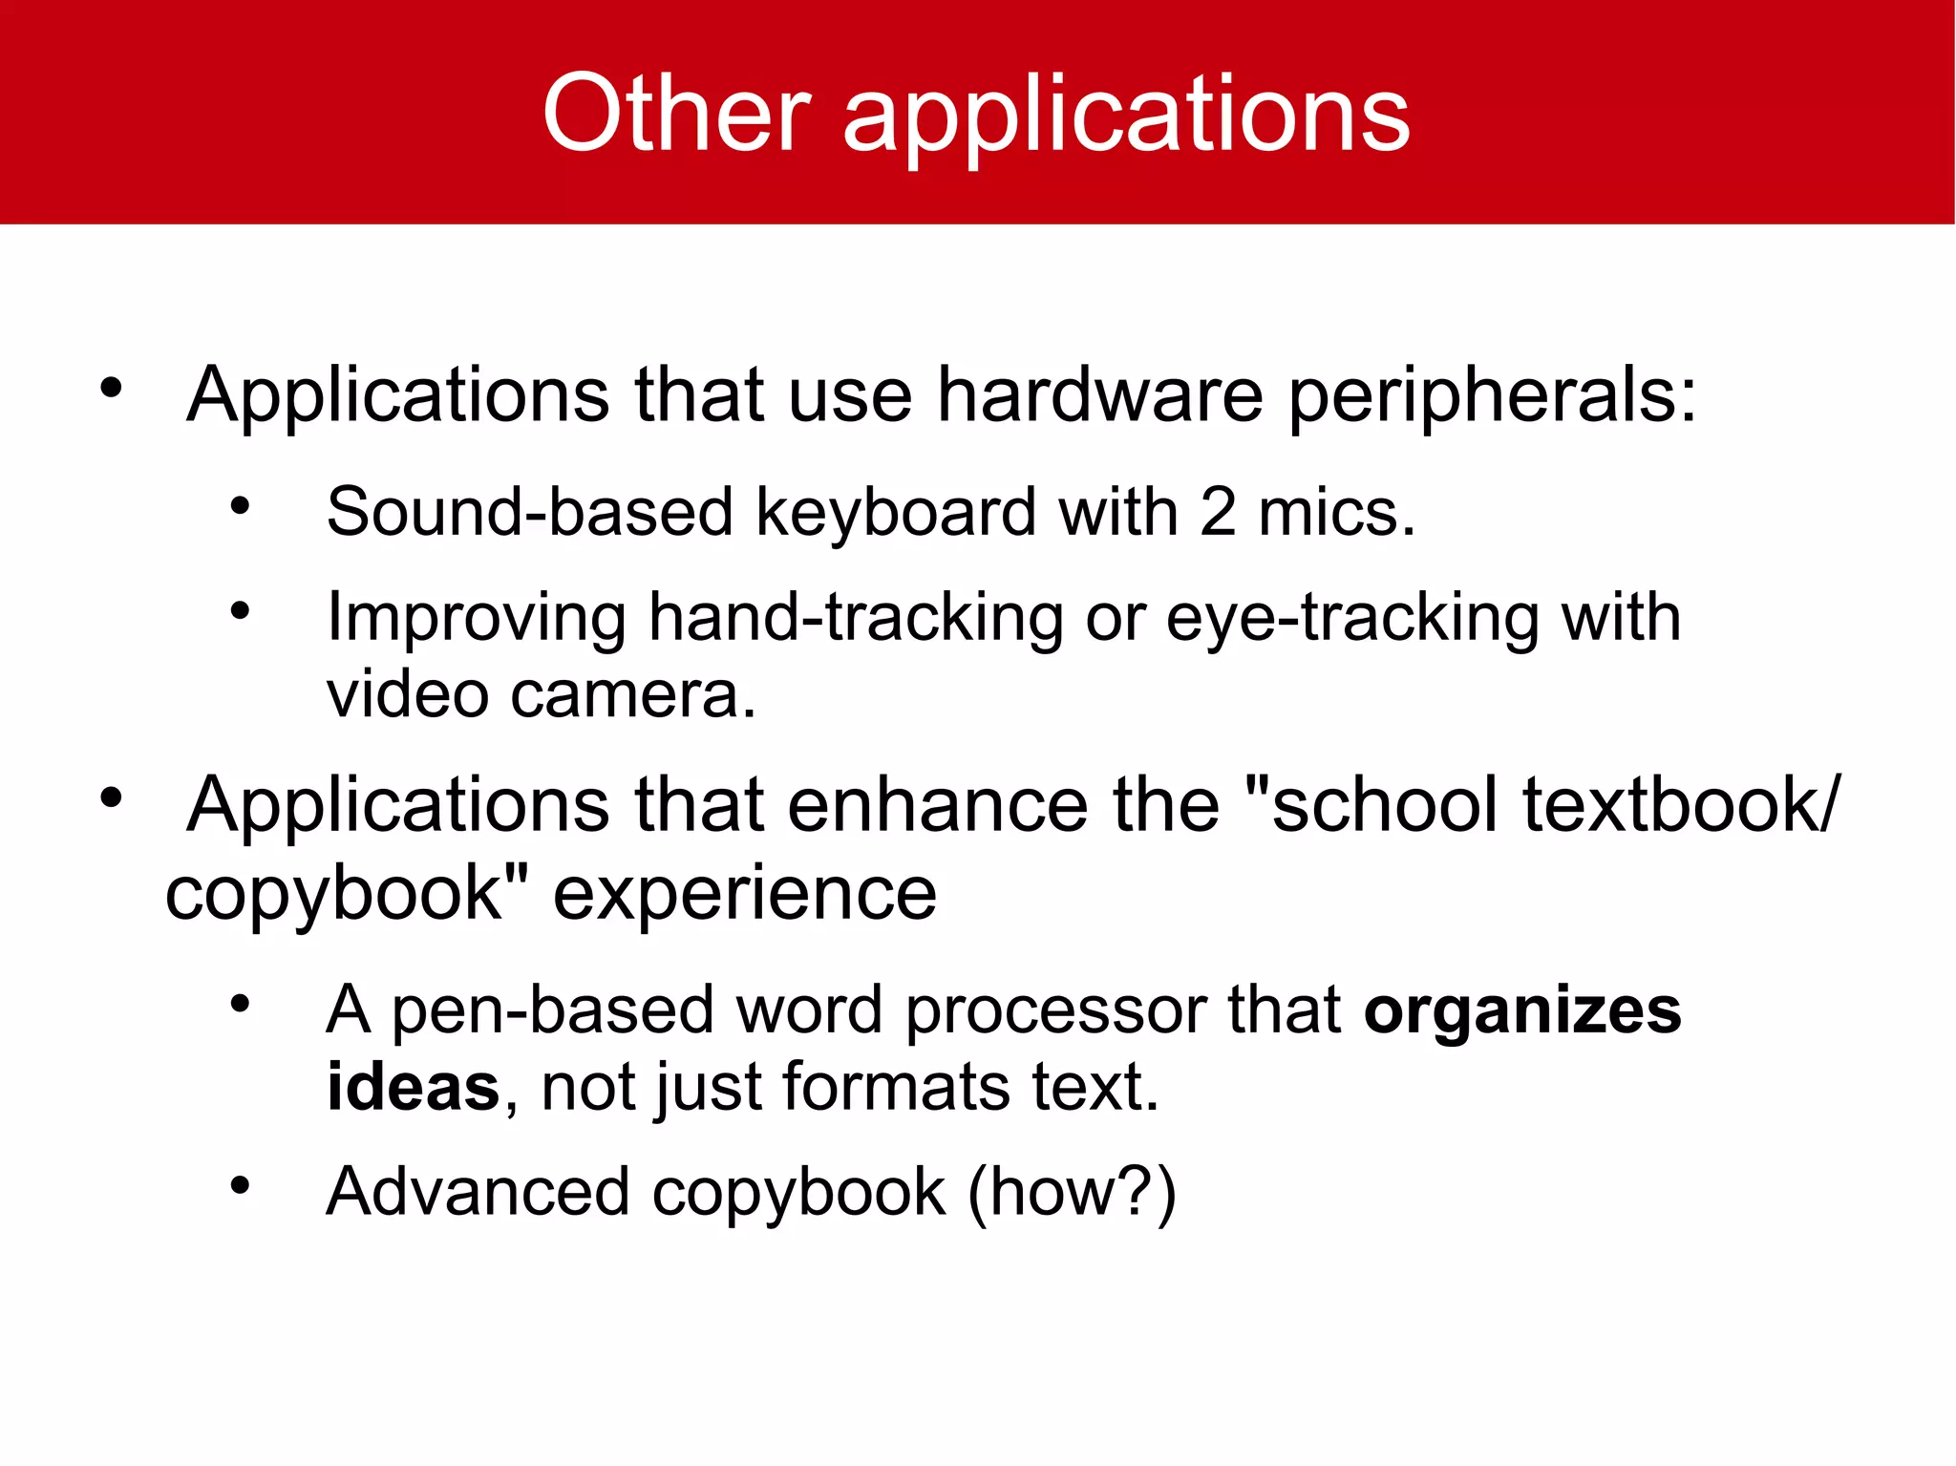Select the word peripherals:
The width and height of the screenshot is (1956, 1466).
(1493, 397)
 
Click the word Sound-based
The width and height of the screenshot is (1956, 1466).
(529, 512)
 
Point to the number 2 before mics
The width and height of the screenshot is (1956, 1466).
(1218, 512)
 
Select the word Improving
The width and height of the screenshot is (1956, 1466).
(477, 619)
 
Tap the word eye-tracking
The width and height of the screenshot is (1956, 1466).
(1352, 619)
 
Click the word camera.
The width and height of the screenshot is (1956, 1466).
(633, 694)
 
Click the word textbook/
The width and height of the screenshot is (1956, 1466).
(1680, 804)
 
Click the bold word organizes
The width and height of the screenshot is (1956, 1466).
(1522, 1010)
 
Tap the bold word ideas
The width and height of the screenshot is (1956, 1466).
(413, 1087)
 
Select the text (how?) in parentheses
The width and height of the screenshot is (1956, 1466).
(1072, 1194)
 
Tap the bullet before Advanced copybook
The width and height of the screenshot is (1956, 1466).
(240, 1186)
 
